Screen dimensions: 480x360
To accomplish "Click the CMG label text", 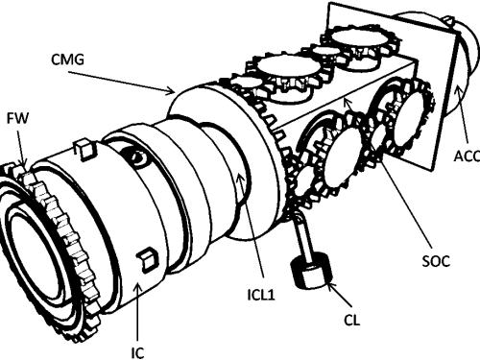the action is [67, 60].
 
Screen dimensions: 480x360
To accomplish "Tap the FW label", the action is [17, 118].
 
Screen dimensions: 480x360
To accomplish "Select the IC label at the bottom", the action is [137, 352].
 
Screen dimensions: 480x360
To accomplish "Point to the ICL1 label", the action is [261, 295].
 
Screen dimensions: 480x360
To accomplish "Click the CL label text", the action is [352, 321].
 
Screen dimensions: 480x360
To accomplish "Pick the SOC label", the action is [436, 261].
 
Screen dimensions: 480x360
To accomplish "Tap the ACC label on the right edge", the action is [467, 156].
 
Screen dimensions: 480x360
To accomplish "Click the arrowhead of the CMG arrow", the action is [171, 92].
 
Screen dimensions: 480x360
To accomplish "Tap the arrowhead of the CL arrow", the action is [330, 283].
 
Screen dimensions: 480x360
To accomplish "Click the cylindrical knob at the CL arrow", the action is [311, 270].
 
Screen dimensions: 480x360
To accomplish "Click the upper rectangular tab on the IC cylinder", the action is [84, 148].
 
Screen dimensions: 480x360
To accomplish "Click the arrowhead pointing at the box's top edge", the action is [348, 103].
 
